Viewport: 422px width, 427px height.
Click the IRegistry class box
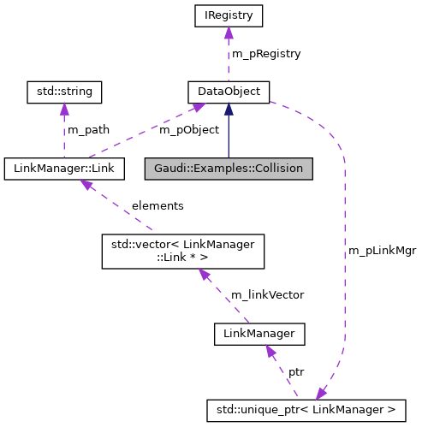click(x=229, y=15)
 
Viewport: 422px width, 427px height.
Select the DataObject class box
click(x=229, y=91)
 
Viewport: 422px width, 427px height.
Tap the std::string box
click(x=64, y=91)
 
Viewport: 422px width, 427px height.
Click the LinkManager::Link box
click(x=64, y=169)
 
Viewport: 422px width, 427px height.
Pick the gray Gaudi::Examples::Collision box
click(x=229, y=169)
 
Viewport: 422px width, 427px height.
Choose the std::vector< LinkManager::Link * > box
click(x=183, y=251)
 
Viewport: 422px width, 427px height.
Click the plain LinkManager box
click(x=259, y=333)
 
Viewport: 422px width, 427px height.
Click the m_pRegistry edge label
click(x=265, y=53)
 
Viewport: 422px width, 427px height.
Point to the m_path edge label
click(x=90, y=129)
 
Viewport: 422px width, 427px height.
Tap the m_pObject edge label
click(x=189, y=129)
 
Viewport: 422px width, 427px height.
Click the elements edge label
click(x=157, y=205)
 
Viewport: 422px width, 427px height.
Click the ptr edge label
click(x=295, y=372)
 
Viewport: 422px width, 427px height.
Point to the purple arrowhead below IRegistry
click(x=229, y=33)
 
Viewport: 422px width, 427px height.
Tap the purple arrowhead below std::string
click(x=64, y=108)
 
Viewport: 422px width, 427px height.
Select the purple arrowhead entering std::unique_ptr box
click(x=321, y=394)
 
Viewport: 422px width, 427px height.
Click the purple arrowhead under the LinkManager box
click(x=270, y=351)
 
